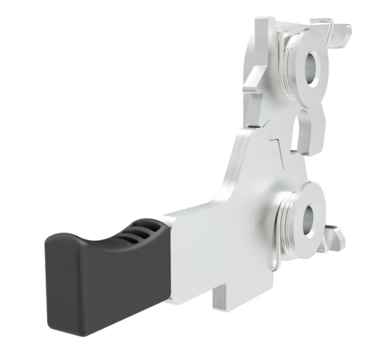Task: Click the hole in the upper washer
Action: [313, 68]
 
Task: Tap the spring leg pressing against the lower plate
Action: [276, 258]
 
